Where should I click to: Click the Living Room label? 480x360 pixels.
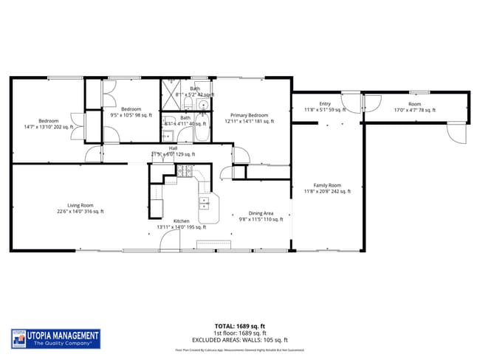[80, 208]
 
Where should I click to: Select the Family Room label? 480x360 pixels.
[327, 188]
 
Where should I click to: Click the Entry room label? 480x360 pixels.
[325, 107]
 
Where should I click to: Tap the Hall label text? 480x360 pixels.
[173, 151]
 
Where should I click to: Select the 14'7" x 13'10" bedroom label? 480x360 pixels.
[49, 124]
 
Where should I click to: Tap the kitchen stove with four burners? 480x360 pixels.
[184, 172]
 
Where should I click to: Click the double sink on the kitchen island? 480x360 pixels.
[205, 204]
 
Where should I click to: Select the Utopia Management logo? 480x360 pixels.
[55, 339]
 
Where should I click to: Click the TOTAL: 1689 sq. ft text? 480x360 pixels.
[241, 325]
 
